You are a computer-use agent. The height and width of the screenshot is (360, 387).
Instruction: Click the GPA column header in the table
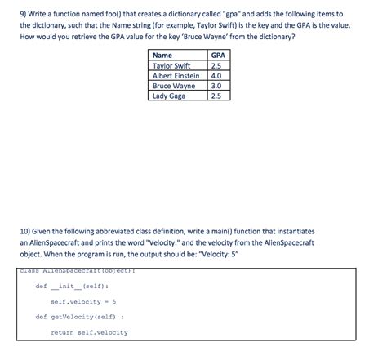pos(216,56)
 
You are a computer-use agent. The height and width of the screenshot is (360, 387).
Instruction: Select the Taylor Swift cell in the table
pos(171,65)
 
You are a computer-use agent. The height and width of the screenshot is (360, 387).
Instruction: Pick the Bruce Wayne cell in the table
pos(174,85)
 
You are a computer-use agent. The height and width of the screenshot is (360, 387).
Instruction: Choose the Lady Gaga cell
pos(169,96)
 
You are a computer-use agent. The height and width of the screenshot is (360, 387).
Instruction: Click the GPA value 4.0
pos(216,75)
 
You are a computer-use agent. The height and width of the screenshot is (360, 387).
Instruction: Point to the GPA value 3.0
pos(216,85)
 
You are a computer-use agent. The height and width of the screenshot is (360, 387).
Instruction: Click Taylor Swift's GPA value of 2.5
pos(216,65)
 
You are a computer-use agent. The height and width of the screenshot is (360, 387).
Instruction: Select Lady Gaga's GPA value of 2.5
pos(216,96)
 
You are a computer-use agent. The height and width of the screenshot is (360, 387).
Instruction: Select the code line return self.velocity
pos(89,332)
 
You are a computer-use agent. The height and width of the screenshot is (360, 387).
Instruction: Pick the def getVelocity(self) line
pos(79,317)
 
